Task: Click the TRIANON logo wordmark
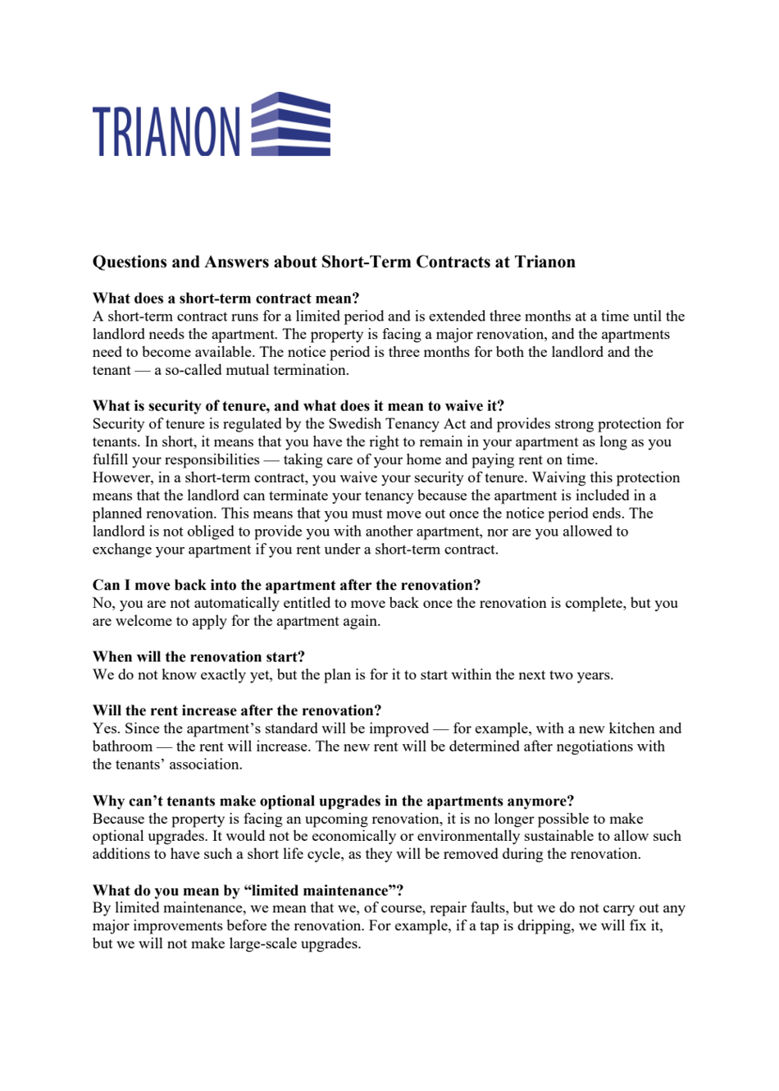pyautogui.click(x=166, y=131)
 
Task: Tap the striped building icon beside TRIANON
pyautogui.click(x=290, y=124)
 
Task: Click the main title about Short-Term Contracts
pyautogui.click(x=334, y=262)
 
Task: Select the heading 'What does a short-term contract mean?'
pyautogui.click(x=225, y=298)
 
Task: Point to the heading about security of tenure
pyautogui.click(x=298, y=405)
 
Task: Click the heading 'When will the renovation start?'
pyautogui.click(x=198, y=656)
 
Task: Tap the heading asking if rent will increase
pyautogui.click(x=237, y=710)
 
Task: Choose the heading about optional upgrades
pyautogui.click(x=333, y=801)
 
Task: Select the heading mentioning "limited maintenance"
pyautogui.click(x=248, y=890)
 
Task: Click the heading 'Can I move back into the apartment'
pyautogui.click(x=286, y=585)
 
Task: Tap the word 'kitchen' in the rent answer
pyautogui.click(x=630, y=728)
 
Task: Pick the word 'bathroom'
pyautogui.click(x=122, y=746)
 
